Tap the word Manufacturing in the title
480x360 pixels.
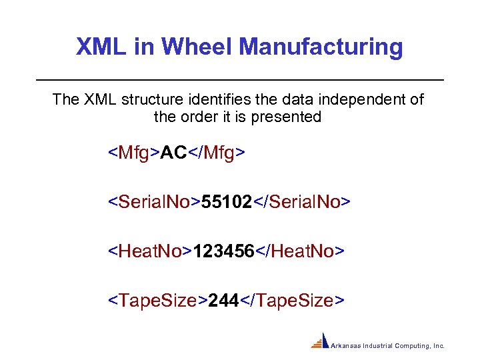(x=321, y=47)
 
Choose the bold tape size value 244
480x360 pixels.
(x=223, y=301)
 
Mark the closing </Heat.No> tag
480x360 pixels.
(x=299, y=251)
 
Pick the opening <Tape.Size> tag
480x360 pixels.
(x=158, y=301)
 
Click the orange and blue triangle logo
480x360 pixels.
(x=321, y=341)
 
